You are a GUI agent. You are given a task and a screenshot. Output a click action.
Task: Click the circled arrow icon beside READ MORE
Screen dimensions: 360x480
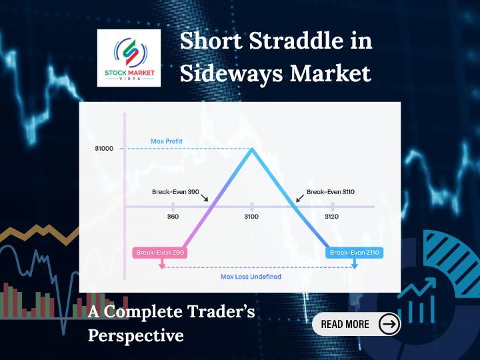[389, 324]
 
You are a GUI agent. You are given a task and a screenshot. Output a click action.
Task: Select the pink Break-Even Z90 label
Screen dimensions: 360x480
[160, 253]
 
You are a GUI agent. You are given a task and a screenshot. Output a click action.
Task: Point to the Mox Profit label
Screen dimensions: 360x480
[166, 141]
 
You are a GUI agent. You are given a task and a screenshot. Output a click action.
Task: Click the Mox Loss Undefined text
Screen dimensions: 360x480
[251, 277]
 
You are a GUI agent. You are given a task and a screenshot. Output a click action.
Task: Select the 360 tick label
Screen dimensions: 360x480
[173, 217]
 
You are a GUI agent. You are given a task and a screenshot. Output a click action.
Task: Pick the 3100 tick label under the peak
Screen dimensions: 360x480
[251, 217]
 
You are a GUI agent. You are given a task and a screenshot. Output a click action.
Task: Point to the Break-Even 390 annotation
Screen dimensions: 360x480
[175, 191]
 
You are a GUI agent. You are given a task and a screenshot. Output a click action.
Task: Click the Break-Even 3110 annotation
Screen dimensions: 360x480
[330, 191]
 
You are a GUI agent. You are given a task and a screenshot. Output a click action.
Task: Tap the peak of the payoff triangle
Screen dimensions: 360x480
[252, 149]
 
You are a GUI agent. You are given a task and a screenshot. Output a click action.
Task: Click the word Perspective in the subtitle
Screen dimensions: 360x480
[136, 335]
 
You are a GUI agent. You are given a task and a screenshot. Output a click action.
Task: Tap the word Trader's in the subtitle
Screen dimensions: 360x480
[217, 311]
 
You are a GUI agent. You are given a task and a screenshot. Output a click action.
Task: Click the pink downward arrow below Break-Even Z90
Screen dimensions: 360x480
[161, 265]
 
